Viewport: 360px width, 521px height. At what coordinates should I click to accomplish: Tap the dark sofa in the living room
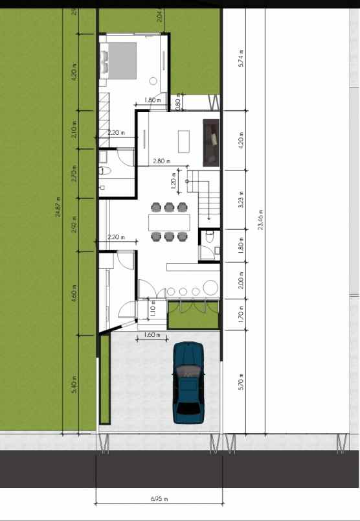click(x=211, y=142)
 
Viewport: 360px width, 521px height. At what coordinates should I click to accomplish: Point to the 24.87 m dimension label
click(x=58, y=209)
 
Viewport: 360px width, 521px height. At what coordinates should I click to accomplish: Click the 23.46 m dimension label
click(x=261, y=220)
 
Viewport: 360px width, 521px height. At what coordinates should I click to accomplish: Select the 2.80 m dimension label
click(x=162, y=161)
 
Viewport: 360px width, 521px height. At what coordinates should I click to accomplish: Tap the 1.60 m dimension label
click(x=152, y=335)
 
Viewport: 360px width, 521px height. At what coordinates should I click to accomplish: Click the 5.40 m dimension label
click(x=74, y=384)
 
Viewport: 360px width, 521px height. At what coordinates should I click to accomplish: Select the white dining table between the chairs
click(x=170, y=222)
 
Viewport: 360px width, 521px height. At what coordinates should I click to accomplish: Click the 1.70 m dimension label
click(x=240, y=314)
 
